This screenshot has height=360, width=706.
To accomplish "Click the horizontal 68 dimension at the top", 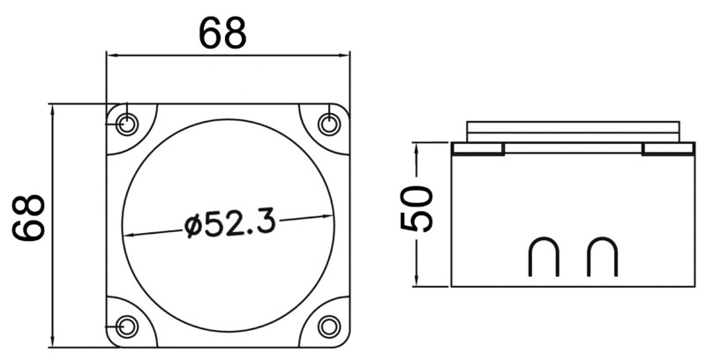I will click(222, 34).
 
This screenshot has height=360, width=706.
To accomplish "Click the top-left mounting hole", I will click(127, 124).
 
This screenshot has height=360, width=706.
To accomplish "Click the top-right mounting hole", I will click(329, 124).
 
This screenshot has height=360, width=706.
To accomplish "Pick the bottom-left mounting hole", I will click(127, 326).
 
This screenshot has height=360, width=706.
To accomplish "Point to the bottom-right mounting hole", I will click(329, 326).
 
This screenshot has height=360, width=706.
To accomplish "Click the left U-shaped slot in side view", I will click(542, 258).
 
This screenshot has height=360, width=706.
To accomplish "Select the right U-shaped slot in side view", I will click(602, 258).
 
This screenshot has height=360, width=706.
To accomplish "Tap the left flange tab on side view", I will click(477, 149).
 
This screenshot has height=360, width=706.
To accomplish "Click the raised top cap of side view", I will click(573, 130).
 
